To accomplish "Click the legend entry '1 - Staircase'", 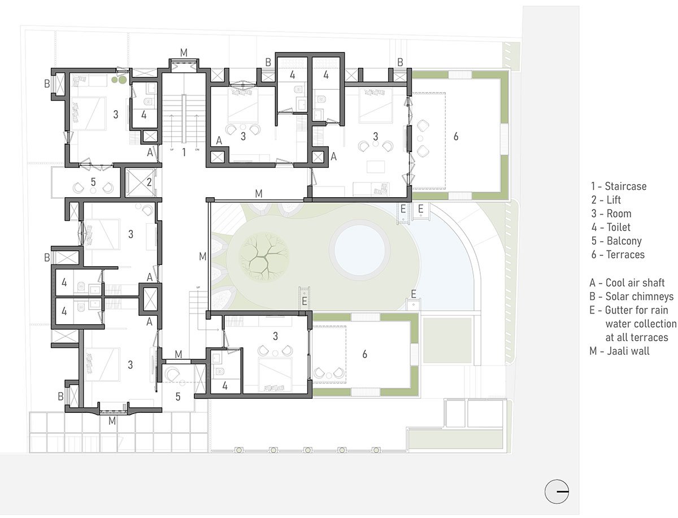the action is click(618, 186).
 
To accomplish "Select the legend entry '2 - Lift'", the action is click(606, 200).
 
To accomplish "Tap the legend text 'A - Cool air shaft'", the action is click(627, 283).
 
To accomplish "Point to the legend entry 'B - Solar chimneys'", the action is click(631, 297).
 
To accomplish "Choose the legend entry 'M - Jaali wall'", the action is click(619, 351).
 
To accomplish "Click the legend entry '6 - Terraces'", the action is click(618, 254).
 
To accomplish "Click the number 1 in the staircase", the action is click(184, 152).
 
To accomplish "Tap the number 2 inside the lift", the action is click(149, 182).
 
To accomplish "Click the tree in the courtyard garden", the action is click(263, 256).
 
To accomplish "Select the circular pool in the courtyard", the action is click(360, 250).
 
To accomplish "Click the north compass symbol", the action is click(557, 491).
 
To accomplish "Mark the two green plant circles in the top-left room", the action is click(119, 80).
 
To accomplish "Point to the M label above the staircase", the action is click(184, 53).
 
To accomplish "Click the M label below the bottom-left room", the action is click(112, 421).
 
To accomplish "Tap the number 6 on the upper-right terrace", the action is click(455, 136).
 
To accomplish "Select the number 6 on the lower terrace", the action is click(364, 354).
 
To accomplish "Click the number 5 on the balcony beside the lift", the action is click(93, 182).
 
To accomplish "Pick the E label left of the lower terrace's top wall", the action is click(304, 301).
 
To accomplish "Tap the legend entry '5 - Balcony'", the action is click(616, 241).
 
